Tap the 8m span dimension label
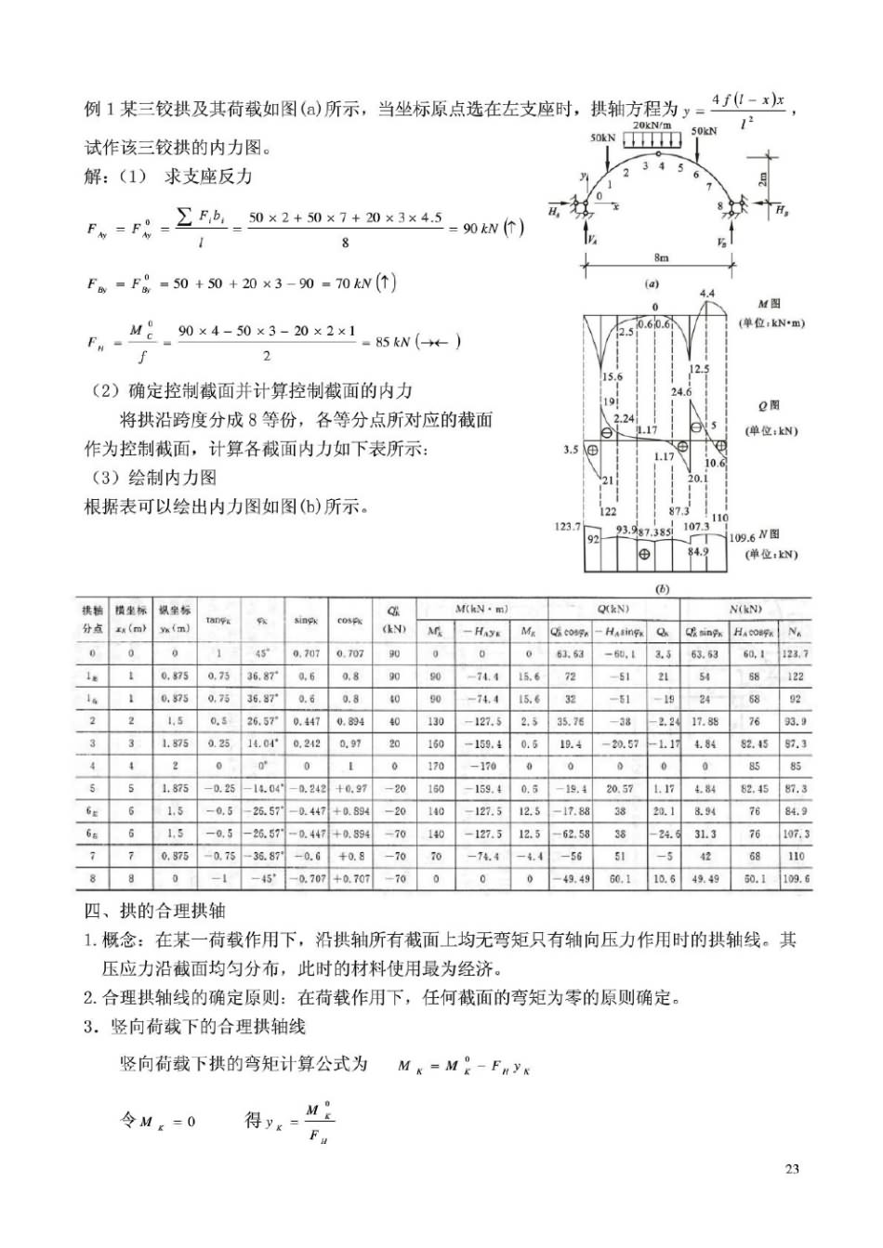pyautogui.click(x=661, y=257)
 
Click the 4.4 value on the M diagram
pyautogui.click(x=706, y=294)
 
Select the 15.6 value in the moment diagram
pyautogui.click(x=612, y=377)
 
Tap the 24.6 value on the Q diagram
pyautogui.click(x=681, y=392)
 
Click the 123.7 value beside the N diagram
pyautogui.click(x=567, y=526)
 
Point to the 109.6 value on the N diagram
pyautogui.click(x=742, y=537)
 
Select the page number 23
pyautogui.click(x=792, y=1169)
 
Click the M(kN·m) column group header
pyautogui.click(x=481, y=609)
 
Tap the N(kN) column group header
pyautogui.click(x=745, y=609)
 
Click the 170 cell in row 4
pyautogui.click(x=435, y=766)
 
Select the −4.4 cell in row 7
pyautogui.click(x=527, y=856)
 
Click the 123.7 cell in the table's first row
pyautogui.click(x=795, y=653)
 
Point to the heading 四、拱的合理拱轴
pyautogui.click(x=155, y=911)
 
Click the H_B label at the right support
pyautogui.click(x=782, y=210)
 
